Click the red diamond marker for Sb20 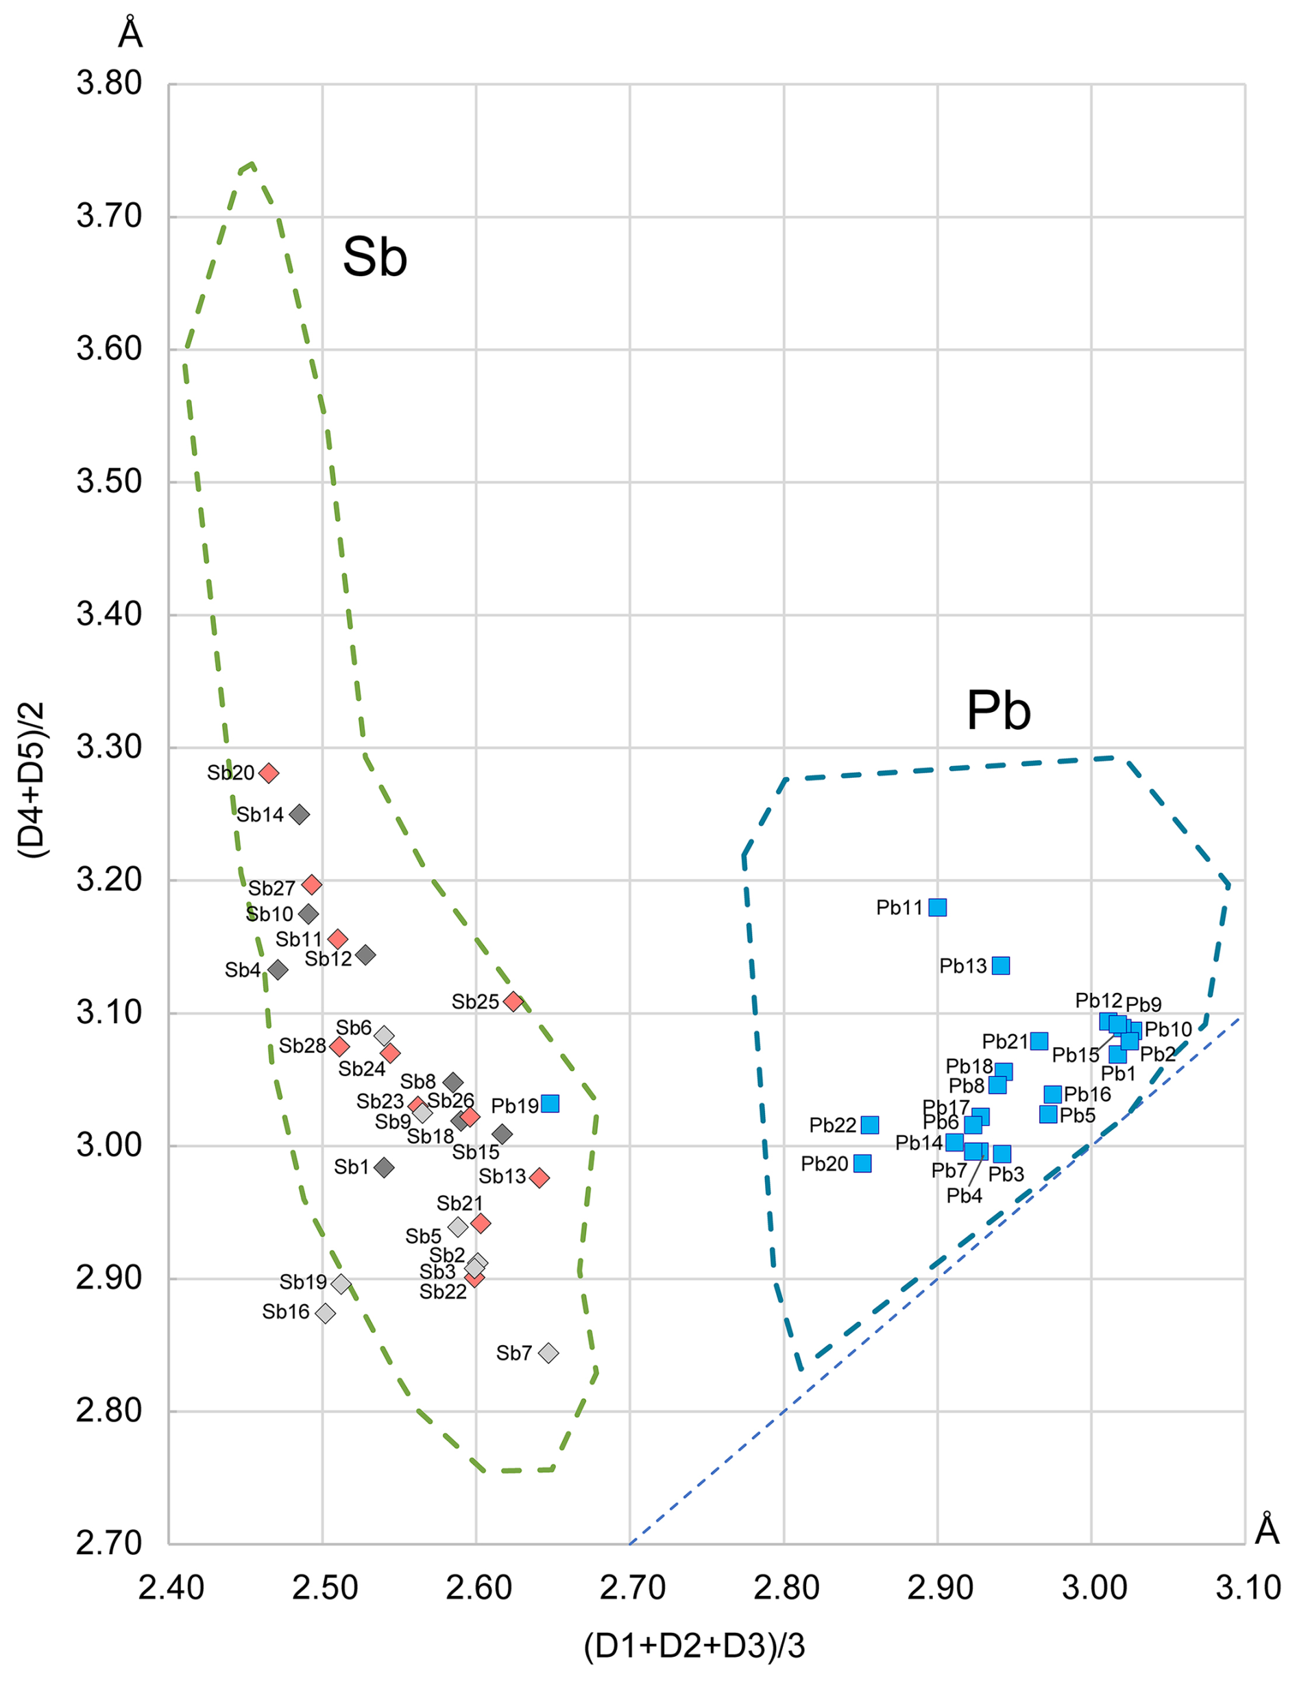[x=269, y=773]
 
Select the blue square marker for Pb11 [x=937, y=907]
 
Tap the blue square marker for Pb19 [x=550, y=1104]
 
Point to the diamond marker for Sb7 [x=548, y=1353]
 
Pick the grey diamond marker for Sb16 [x=326, y=1313]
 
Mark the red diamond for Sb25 [x=513, y=1001]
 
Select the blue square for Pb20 [x=862, y=1163]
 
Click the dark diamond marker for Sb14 [x=300, y=814]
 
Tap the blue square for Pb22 [x=869, y=1125]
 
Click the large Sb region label [x=375, y=257]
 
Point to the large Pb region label [x=997, y=710]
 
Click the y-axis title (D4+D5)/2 [x=32, y=780]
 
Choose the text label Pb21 [x=1004, y=1042]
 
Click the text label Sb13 [x=502, y=1176]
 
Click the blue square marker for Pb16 [x=1052, y=1094]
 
